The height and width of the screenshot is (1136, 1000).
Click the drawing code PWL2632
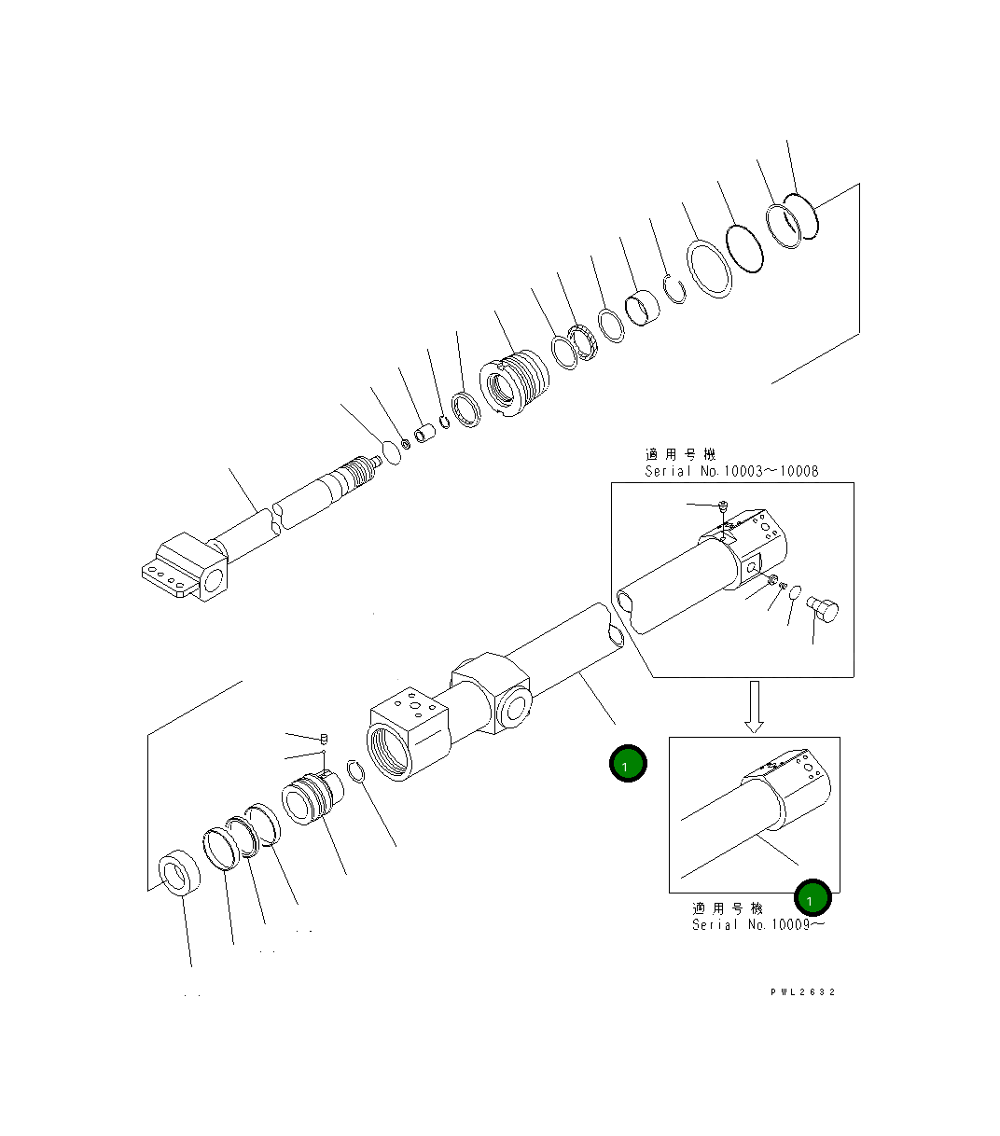(802, 991)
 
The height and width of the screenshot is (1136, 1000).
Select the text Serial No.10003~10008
(731, 471)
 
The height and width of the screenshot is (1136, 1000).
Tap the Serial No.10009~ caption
(757, 924)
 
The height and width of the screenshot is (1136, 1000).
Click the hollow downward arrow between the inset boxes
(757, 706)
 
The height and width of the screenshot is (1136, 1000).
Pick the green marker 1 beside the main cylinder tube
(628, 764)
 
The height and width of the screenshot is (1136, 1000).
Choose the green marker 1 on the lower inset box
(812, 899)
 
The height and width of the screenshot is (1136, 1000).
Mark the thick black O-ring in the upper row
(745, 249)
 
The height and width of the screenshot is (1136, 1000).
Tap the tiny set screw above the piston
(323, 739)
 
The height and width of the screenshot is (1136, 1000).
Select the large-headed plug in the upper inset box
(823, 611)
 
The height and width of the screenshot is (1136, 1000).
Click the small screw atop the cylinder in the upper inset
(723, 506)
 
